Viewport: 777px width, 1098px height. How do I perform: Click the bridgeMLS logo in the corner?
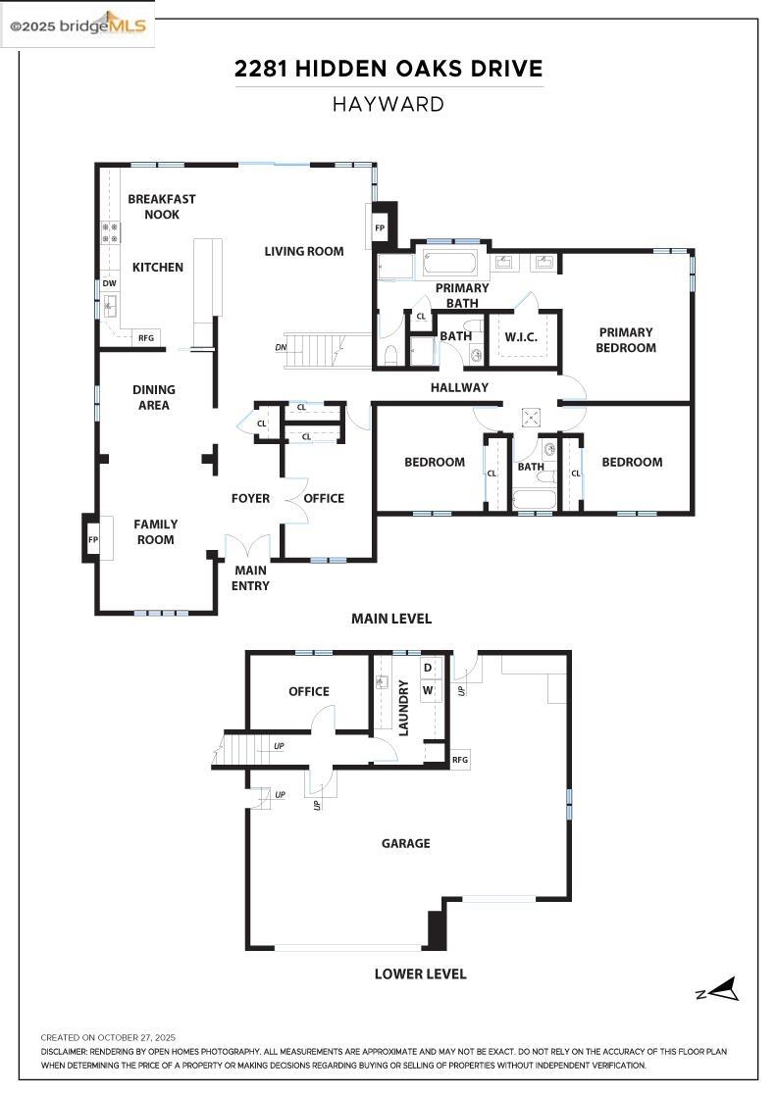[x=78, y=25]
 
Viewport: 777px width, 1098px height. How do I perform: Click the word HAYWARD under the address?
[x=388, y=104]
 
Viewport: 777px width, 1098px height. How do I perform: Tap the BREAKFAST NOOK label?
[x=162, y=206]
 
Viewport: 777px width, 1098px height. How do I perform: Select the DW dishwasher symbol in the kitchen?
[x=109, y=283]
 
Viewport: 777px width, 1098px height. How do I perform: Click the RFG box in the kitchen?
[x=146, y=337]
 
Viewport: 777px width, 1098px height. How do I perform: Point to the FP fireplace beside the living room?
[x=380, y=227]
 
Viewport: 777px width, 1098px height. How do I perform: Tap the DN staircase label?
[x=281, y=347]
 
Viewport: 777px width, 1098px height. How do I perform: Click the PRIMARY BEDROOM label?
[x=626, y=339]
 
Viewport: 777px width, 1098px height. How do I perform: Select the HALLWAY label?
[x=459, y=387]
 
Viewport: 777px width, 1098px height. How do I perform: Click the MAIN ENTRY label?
[x=250, y=577]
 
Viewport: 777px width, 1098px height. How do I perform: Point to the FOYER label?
[x=250, y=498]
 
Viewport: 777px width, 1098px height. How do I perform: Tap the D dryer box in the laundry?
[x=428, y=668]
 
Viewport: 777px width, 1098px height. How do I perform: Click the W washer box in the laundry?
[x=428, y=689]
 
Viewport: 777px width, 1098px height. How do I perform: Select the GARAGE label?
[x=405, y=842]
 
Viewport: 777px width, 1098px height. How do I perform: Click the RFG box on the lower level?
[x=460, y=760]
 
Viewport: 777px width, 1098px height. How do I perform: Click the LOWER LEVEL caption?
[x=420, y=973]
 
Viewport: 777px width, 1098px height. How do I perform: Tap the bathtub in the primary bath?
[x=450, y=263]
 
